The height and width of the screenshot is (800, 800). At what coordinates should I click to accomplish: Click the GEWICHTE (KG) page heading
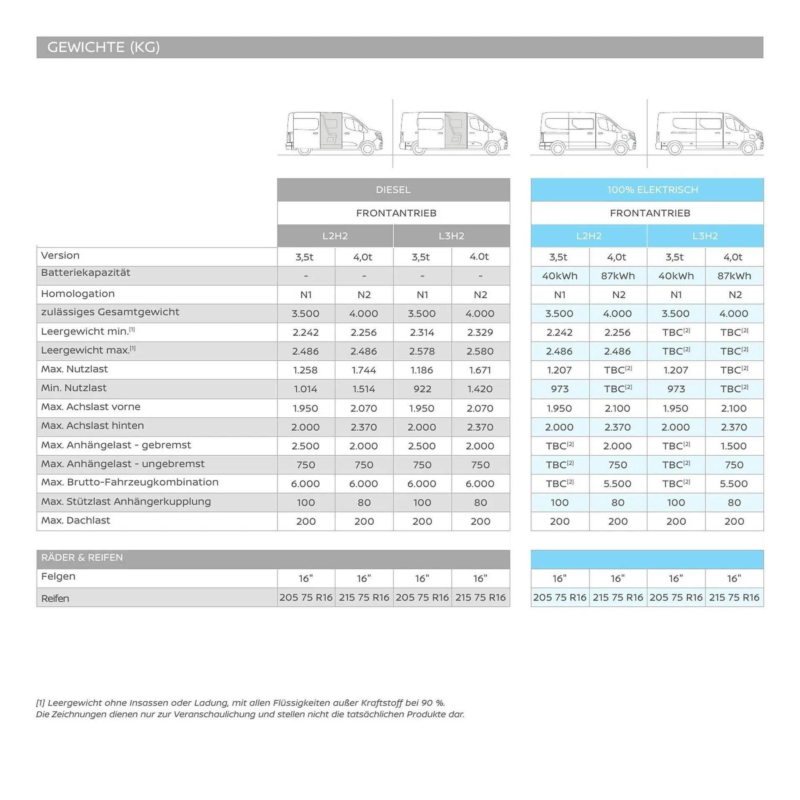[103, 47]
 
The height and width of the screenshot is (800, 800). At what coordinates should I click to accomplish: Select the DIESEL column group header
[393, 189]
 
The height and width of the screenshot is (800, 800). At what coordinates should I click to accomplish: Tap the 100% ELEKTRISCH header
[652, 189]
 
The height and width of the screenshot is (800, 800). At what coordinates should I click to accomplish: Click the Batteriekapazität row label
[85, 272]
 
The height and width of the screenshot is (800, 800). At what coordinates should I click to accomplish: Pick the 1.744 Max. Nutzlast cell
[363, 370]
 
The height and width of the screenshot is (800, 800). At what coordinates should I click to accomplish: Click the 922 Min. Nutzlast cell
[422, 389]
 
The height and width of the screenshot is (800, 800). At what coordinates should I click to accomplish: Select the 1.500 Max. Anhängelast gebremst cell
[733, 446]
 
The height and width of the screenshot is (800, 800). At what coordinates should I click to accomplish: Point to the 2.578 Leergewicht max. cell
[422, 351]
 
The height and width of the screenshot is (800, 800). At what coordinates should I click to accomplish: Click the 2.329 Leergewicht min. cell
[480, 332]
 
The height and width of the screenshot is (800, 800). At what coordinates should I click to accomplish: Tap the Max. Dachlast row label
[75, 520]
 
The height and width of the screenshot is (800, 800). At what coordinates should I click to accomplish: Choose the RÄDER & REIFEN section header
[82, 557]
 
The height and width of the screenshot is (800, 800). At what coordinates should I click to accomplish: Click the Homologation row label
[77, 294]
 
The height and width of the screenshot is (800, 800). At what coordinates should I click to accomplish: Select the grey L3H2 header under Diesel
[451, 236]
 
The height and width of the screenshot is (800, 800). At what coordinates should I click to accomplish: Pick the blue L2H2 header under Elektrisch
[588, 236]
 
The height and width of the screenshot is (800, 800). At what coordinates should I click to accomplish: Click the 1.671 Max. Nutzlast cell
[480, 370]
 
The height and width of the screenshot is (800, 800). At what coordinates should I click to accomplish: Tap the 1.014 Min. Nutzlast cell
[305, 389]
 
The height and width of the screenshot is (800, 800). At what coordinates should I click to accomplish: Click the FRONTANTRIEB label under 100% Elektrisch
[650, 213]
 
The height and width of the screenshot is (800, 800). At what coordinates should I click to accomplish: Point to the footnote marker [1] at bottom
[40, 703]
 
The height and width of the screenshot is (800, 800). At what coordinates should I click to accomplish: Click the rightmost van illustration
[708, 133]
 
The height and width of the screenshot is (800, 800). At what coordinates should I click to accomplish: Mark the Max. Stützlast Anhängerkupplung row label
[126, 501]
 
